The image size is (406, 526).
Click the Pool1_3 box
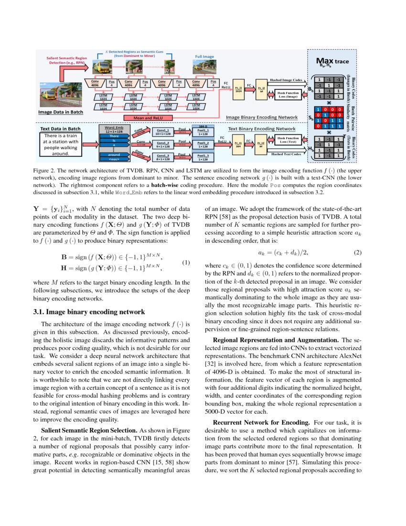[203, 157]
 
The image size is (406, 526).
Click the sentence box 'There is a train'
[60, 144]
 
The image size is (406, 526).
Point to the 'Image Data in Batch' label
[61, 112]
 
